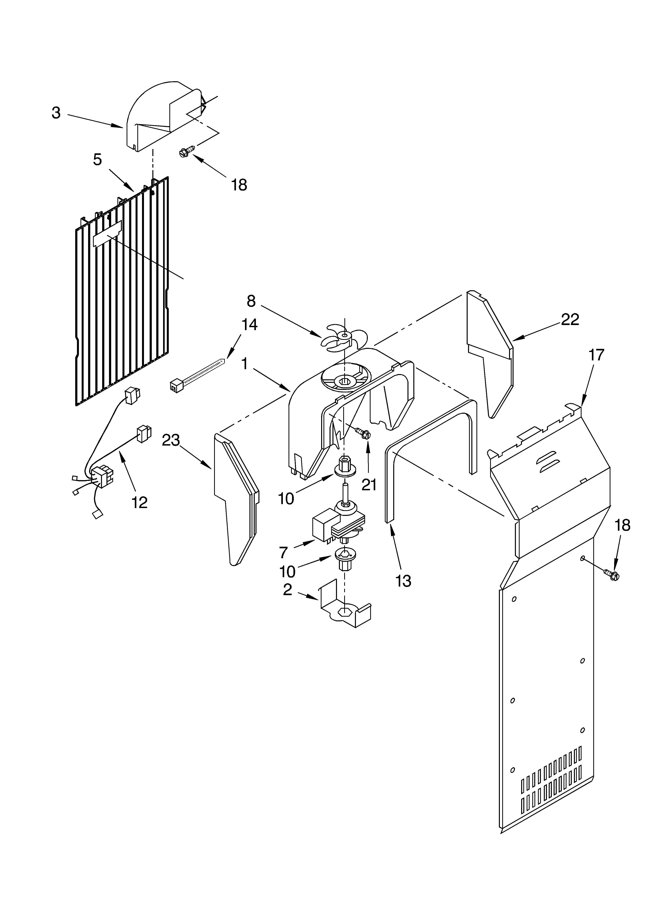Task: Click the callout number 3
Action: click(56, 113)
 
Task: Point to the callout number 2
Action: click(288, 590)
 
